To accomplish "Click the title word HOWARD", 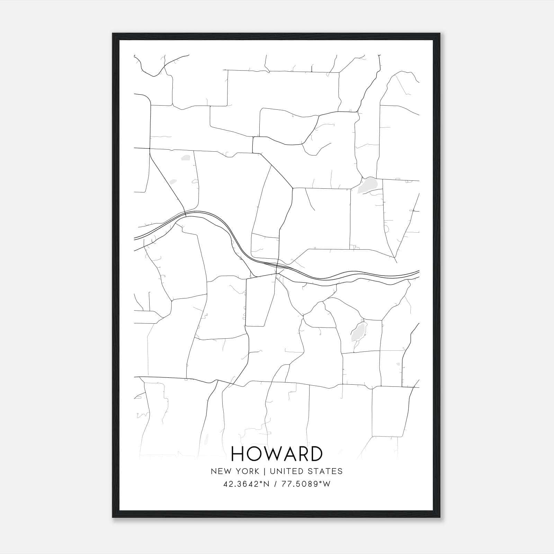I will click(276, 454).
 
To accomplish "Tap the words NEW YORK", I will click(234, 471).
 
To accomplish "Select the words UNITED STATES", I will click(306, 471).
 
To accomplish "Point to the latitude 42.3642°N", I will click(246, 484).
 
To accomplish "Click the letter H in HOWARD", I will click(238, 454).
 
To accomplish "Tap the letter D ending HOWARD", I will click(316, 454).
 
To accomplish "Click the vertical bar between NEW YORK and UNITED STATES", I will click(264, 471).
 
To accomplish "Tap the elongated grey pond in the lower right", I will click(357, 331).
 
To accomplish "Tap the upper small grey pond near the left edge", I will click(186, 158).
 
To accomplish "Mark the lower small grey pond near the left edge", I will click(173, 181).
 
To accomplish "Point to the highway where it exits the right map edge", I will click(418, 272).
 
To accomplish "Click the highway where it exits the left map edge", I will click(135, 238).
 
